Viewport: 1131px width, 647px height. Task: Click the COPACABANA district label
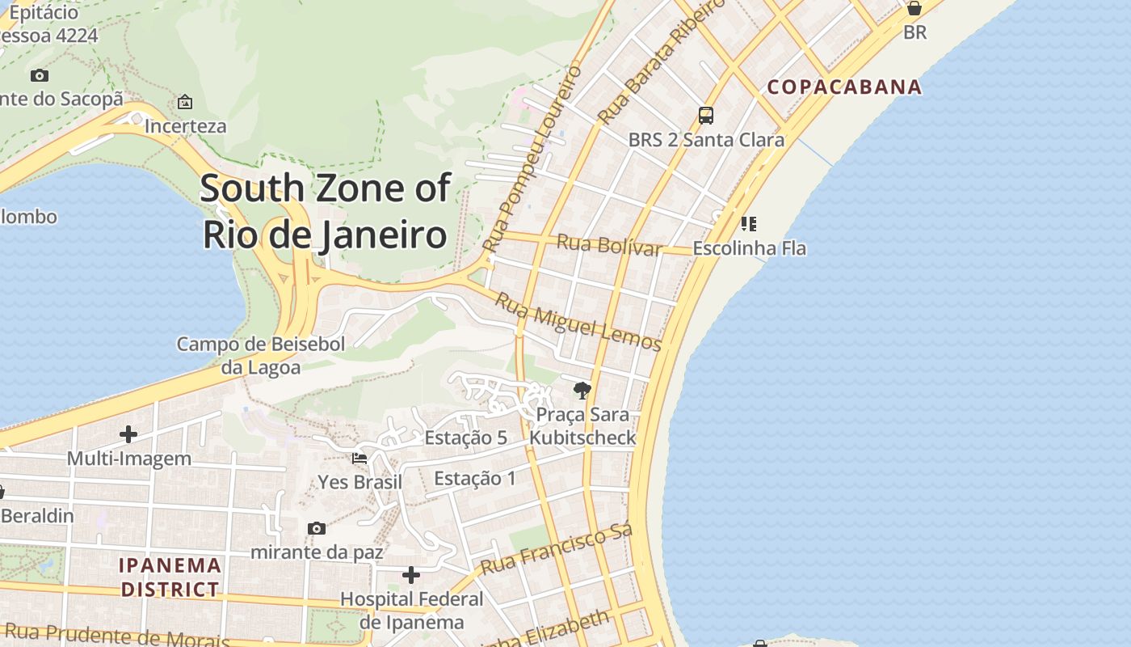tap(844, 87)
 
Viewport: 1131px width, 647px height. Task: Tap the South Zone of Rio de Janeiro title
tap(325, 211)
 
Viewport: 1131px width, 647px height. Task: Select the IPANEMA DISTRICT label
tap(170, 577)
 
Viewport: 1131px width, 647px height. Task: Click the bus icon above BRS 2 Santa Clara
tap(706, 116)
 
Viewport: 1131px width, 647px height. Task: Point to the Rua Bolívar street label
tap(610, 244)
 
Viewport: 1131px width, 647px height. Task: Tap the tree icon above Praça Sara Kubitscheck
tap(582, 391)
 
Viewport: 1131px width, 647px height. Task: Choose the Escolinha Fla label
tap(749, 248)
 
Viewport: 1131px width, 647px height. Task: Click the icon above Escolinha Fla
tap(749, 223)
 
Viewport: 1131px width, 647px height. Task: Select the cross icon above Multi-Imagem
tap(128, 434)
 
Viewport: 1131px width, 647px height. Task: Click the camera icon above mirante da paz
tap(317, 528)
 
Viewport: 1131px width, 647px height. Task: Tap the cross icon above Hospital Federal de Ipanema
tap(411, 575)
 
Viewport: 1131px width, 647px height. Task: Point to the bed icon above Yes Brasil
tap(359, 459)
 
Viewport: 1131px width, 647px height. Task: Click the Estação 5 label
tap(465, 438)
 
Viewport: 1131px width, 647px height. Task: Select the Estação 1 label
tap(474, 478)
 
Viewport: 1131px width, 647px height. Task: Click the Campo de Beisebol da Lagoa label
tap(261, 356)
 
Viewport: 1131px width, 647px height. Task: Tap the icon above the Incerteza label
tap(185, 102)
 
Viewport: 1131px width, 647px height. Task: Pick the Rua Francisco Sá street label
tap(556, 549)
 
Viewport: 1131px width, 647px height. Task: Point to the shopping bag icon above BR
tap(914, 9)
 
